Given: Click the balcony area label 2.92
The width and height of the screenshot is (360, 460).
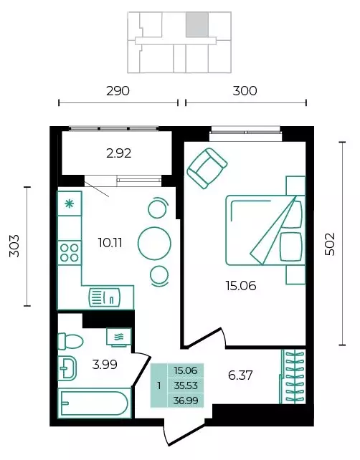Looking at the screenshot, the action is (118, 153).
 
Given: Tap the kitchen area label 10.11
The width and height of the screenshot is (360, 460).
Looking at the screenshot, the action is (110, 243).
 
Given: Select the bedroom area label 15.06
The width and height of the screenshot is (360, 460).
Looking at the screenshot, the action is (241, 285).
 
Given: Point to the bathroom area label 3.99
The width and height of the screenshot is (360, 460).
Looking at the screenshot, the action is (105, 365).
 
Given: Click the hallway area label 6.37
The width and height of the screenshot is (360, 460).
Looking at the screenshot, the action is (240, 375).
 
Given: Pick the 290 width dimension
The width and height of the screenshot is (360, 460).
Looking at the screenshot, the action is (118, 91).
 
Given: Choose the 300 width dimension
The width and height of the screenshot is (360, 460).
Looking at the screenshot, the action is (245, 91).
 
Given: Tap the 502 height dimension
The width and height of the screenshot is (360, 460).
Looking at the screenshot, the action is (329, 244).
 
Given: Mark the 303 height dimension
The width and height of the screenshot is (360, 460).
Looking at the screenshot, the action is (14, 246).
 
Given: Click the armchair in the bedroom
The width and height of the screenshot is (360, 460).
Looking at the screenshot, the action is (207, 168).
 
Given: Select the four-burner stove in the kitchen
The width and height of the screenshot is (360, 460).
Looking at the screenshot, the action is (70, 253).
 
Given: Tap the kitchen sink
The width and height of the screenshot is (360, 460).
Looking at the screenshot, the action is (104, 298).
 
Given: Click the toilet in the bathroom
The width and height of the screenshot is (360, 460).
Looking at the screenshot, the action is (70, 341).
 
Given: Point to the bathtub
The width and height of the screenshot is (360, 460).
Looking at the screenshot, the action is (94, 403).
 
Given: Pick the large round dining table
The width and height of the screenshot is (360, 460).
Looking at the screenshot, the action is (154, 243).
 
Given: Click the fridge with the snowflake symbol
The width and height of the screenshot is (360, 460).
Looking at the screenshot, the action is (70, 203).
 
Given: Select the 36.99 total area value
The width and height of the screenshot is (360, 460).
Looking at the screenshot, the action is (185, 401).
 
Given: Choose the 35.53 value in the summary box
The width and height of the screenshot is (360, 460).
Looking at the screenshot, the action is (185, 385).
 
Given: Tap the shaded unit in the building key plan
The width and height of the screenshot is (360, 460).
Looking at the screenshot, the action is (197, 24).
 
